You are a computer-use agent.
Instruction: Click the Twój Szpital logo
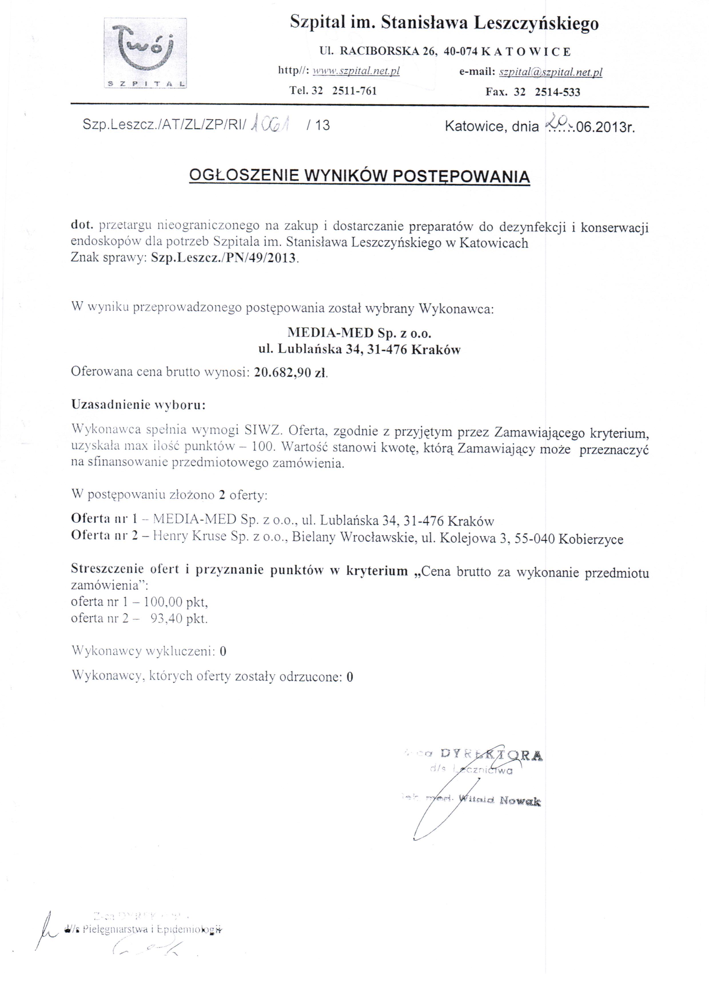point(146,53)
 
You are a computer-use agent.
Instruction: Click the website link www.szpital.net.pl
point(356,71)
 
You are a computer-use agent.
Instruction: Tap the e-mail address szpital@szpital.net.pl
point(550,72)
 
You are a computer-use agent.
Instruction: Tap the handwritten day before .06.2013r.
point(556,123)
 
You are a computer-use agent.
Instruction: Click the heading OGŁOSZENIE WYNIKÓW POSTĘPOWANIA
point(360,176)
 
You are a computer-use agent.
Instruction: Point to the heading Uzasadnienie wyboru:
point(138,405)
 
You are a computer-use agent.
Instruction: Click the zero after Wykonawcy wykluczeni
point(223,651)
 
